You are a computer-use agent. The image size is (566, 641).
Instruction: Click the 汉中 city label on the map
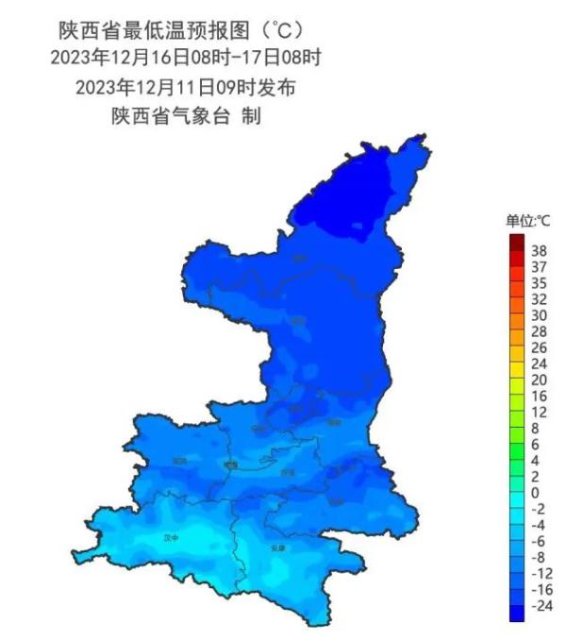pyautogui.click(x=171, y=537)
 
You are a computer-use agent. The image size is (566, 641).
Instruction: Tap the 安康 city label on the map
pyautogui.click(x=276, y=547)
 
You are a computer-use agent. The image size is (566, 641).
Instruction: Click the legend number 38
pyautogui.click(x=540, y=251)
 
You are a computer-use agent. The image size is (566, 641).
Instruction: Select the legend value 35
pyautogui.click(x=540, y=282)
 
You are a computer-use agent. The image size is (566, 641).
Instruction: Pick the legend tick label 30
pyautogui.click(x=540, y=314)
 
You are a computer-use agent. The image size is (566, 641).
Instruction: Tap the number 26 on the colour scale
pyautogui.click(x=540, y=346)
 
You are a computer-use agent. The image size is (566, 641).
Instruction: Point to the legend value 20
pyautogui.click(x=540, y=380)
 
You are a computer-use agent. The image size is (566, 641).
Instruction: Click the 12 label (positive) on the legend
pyautogui.click(x=540, y=412)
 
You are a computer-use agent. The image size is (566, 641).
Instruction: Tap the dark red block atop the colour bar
pyautogui.click(x=517, y=243)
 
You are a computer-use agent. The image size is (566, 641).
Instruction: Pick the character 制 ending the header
pyautogui.click(x=251, y=117)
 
